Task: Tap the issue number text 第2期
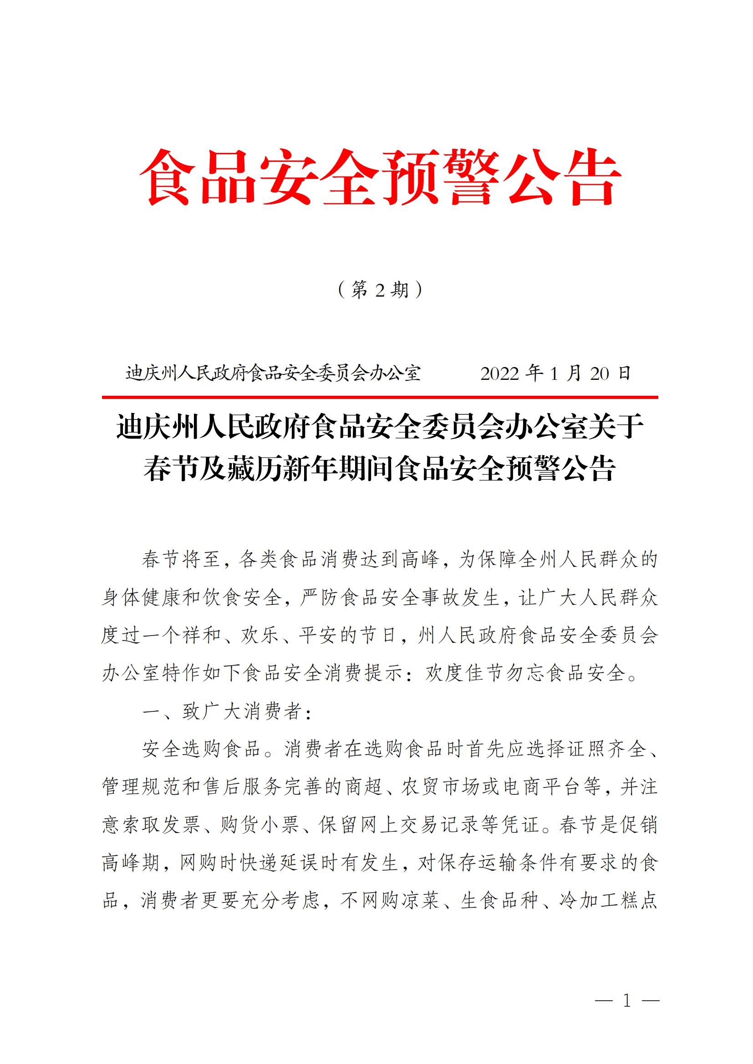click(x=380, y=290)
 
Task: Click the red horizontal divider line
click(x=380, y=397)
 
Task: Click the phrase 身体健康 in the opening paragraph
click(x=142, y=598)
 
